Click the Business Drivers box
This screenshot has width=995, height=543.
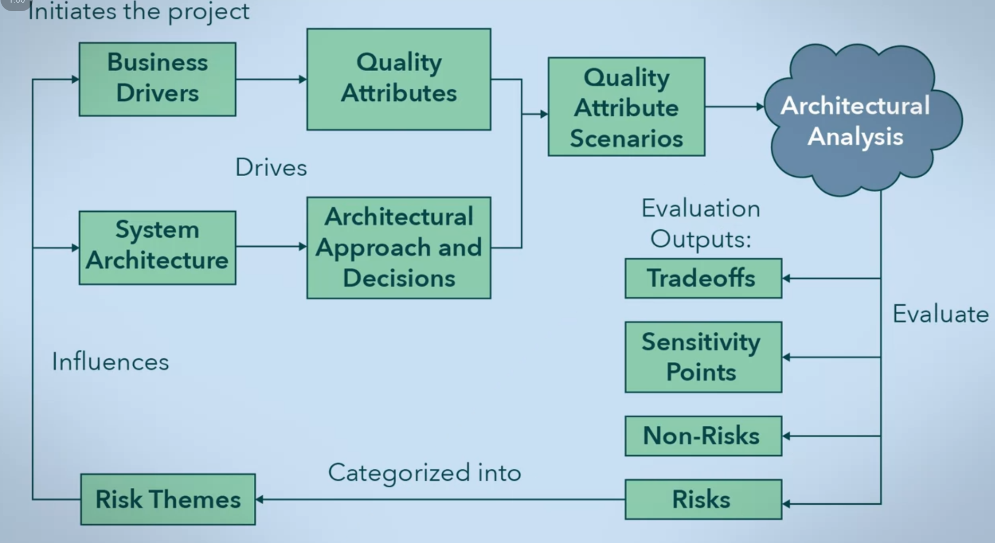[x=157, y=79]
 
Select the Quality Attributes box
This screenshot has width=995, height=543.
[x=399, y=79]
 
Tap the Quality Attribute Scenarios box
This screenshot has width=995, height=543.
[x=627, y=107]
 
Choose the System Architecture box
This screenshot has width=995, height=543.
[x=157, y=247]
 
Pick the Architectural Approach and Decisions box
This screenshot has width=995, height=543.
[x=399, y=247]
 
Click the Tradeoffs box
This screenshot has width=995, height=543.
[x=703, y=278]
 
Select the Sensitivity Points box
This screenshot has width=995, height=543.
[x=703, y=357]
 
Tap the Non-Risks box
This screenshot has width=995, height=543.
[x=703, y=436]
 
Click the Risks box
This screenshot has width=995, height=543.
[x=703, y=499]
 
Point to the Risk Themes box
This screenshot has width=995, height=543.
[x=168, y=499]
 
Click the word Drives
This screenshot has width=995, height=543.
[x=271, y=168]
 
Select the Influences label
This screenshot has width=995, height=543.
[x=110, y=362]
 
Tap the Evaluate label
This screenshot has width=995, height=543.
[x=940, y=314]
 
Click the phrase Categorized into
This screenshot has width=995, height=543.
[x=424, y=472]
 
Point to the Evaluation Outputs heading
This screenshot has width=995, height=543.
[x=701, y=223]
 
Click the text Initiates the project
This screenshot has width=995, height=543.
[x=139, y=12]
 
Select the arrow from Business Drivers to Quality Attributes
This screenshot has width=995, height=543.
[x=271, y=79]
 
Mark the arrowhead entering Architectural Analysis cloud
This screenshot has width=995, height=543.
[x=760, y=107]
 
